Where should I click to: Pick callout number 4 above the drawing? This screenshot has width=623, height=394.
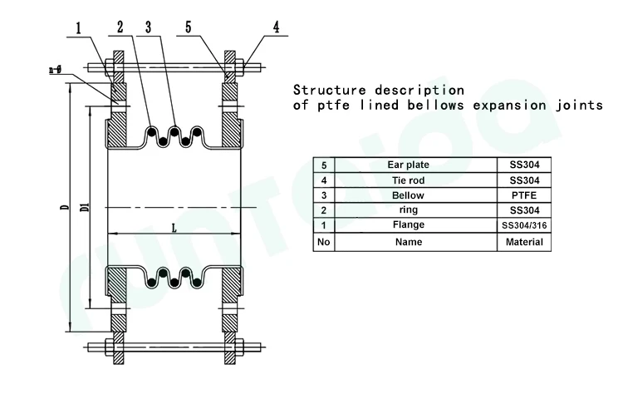(x=277, y=27)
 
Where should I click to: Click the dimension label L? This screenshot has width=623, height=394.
(x=173, y=227)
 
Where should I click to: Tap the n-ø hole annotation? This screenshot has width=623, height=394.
(x=57, y=72)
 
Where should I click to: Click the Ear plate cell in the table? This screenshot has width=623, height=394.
(x=409, y=165)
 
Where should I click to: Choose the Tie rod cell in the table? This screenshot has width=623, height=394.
(x=409, y=180)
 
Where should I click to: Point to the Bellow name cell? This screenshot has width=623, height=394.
(x=409, y=195)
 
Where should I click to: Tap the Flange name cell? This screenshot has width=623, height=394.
(x=409, y=225)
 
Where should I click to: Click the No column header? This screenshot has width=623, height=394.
(x=323, y=242)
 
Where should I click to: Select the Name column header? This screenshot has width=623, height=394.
(x=409, y=242)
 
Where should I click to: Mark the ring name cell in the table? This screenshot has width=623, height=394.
(x=409, y=210)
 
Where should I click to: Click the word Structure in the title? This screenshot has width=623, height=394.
(x=329, y=89)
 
